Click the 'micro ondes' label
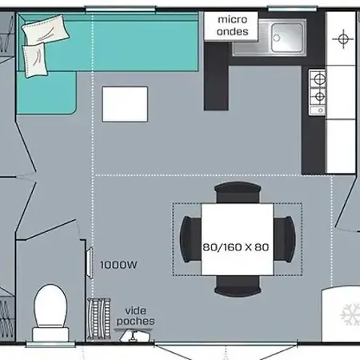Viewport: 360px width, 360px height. pyautogui.click(x=233, y=26)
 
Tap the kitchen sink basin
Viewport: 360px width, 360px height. pyautogui.click(x=287, y=37)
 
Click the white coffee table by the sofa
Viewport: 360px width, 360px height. pyautogui.click(x=125, y=104)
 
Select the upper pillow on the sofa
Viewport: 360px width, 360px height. pyautogui.click(x=46, y=30)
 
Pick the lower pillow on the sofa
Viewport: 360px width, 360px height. pyautogui.click(x=34, y=60)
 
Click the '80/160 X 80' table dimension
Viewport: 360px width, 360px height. pyautogui.click(x=236, y=247)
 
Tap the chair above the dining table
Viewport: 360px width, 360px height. pyautogui.click(x=238, y=193)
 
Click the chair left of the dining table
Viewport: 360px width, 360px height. pyautogui.click(x=190, y=239)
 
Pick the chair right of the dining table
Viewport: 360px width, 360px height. pyautogui.click(x=285, y=239)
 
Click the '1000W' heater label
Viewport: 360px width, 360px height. pyautogui.click(x=118, y=265)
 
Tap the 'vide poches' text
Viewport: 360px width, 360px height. pyautogui.click(x=135, y=316)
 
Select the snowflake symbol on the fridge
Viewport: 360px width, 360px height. pyautogui.click(x=350, y=314)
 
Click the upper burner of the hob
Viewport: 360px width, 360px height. pyautogui.click(x=319, y=79)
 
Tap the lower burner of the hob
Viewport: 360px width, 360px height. pyautogui.click(x=319, y=96)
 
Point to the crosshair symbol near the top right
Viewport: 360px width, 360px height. pyautogui.click(x=343, y=39)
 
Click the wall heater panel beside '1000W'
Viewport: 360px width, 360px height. pyautogui.click(x=90, y=263)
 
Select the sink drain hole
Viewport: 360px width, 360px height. pyautogui.click(x=277, y=38)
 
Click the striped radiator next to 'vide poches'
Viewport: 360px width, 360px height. pyautogui.click(x=98, y=319)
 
